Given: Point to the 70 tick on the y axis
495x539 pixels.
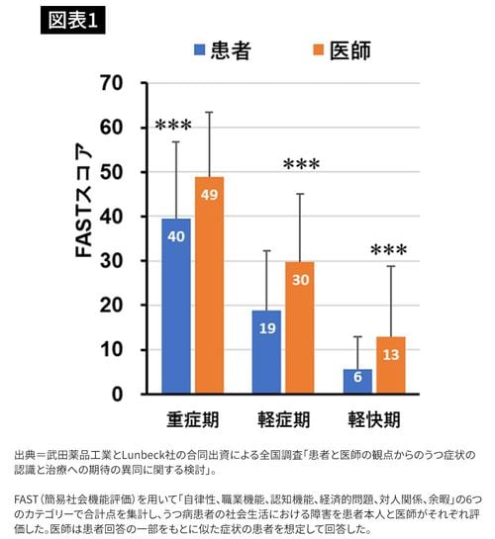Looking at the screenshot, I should coord(133,83).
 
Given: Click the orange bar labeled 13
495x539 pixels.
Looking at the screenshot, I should coord(391,366).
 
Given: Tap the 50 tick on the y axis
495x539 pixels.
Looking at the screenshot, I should coord(133,172).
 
